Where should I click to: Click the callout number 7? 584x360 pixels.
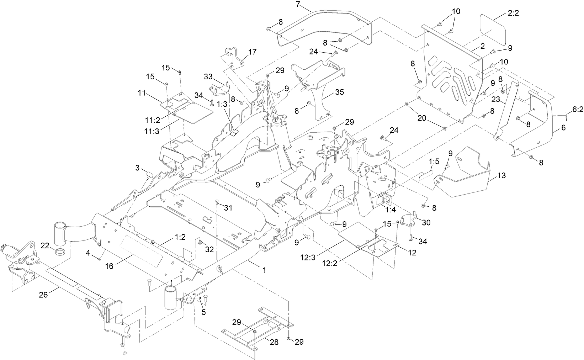click(298, 5)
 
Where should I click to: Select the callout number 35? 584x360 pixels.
click(340, 92)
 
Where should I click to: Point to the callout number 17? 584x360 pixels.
click(252, 52)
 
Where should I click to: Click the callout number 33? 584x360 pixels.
click(208, 76)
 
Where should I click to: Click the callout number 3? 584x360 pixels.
click(137, 167)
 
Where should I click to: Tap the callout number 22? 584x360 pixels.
click(45, 245)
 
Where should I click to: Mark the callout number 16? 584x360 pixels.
click(109, 266)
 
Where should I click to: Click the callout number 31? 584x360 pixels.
click(228, 208)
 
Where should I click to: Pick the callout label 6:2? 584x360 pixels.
click(577, 111)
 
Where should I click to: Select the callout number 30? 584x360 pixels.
click(426, 222)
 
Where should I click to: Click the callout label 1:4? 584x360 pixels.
click(390, 210)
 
